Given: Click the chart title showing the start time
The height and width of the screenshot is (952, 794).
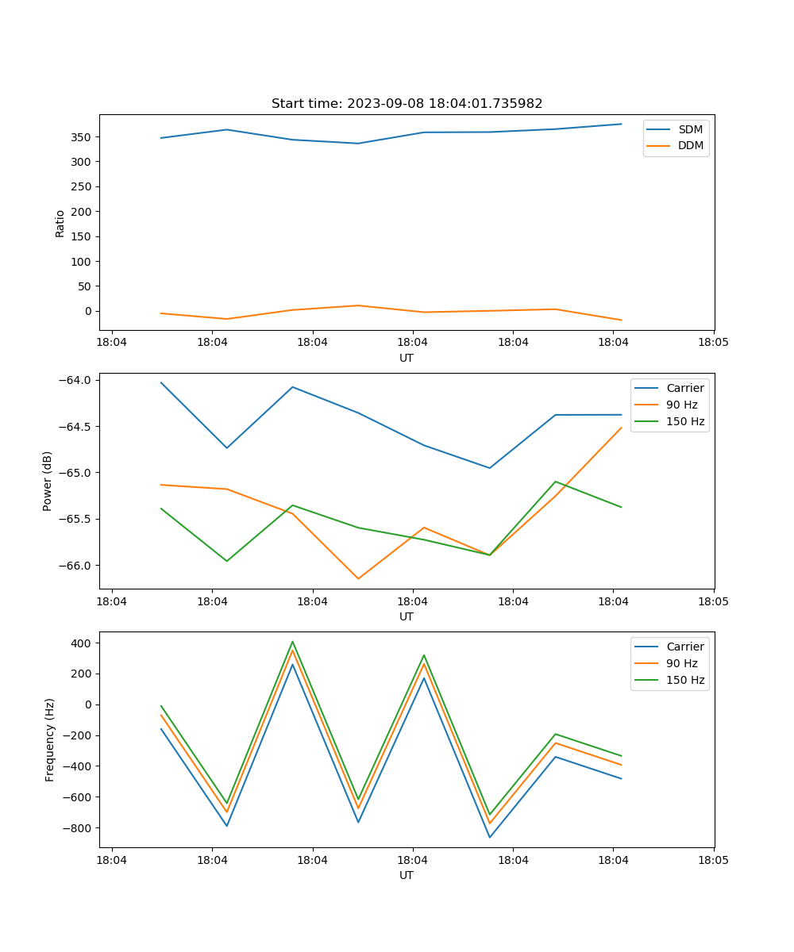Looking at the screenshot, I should point(407,104).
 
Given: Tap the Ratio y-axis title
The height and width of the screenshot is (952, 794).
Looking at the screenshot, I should point(60,223).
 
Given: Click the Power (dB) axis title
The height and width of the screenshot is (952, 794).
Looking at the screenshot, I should point(48,481).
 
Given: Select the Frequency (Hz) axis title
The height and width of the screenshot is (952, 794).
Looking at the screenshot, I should point(50,739).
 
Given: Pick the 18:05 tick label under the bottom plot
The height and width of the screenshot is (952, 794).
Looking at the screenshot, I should point(713,859).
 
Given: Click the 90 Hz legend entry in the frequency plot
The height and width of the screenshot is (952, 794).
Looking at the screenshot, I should point(681,663).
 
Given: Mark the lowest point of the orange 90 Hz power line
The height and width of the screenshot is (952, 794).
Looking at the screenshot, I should point(358,578).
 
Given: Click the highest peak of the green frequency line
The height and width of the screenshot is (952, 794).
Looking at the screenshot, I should point(292,641).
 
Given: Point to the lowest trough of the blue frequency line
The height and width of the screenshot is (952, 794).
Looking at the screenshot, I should point(490,837).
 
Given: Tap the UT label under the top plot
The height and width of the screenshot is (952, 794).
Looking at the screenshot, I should point(407,358).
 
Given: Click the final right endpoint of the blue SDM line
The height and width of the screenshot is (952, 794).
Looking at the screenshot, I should point(622,124).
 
